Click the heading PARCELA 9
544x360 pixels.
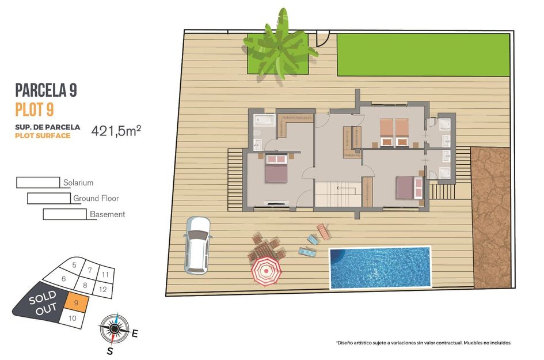[x=45, y=90]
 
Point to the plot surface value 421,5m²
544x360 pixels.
[x=116, y=131]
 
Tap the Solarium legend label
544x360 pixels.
[x=78, y=183]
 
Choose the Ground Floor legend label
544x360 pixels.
[x=96, y=198]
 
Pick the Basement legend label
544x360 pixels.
[x=107, y=214]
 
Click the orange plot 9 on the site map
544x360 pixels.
[x=76, y=301]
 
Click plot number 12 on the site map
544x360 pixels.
[x=102, y=289]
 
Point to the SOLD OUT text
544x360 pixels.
[x=42, y=301]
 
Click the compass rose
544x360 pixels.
[x=113, y=329]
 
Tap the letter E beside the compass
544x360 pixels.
[x=135, y=332]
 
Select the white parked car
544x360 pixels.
[x=197, y=244]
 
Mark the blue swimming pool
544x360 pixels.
[x=380, y=268]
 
